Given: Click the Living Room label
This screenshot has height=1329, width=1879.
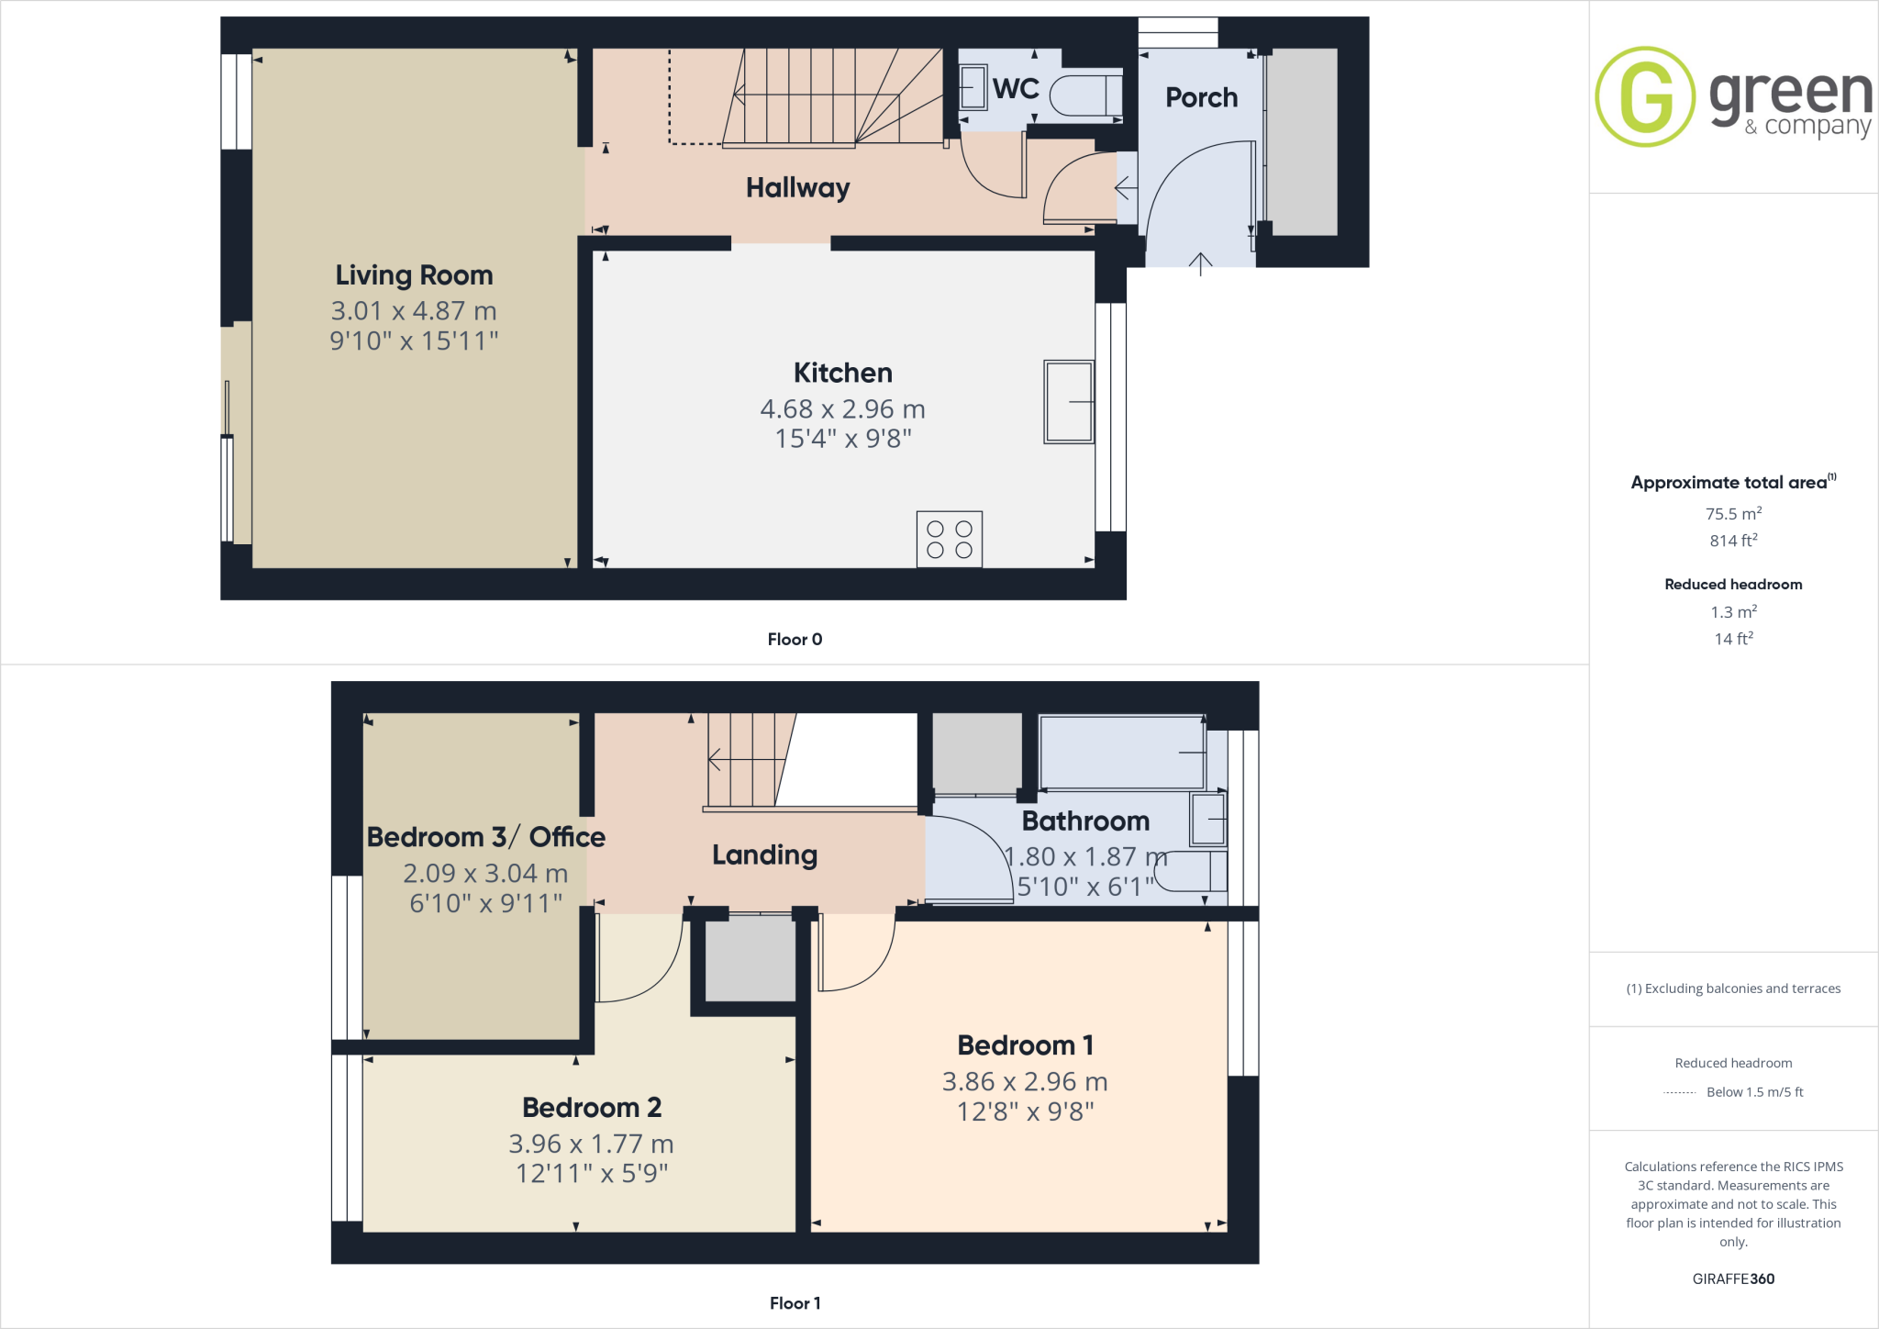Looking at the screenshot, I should point(414,275).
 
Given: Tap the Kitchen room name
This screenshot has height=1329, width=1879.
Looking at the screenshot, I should point(842,373).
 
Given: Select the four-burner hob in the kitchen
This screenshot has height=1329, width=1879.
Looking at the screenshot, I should point(949,539).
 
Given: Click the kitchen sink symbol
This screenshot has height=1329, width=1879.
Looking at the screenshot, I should point(1069,402).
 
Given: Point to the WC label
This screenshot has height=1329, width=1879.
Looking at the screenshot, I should point(1016,89).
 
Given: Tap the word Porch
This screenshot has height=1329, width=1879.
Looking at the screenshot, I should point(1201,97).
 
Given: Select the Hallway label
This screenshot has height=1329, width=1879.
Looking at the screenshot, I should point(797,188).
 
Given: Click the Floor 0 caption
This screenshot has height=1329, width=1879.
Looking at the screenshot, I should point(795,640).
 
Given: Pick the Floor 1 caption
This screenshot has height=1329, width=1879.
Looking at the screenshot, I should point(795,1303).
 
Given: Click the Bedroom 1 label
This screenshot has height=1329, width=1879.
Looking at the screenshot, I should point(1025,1045).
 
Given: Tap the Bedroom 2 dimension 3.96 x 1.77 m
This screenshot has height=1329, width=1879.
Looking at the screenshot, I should point(591,1144).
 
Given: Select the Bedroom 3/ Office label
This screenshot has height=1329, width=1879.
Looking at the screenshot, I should point(485,837).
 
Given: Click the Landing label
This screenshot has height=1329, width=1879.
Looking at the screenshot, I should point(764,855).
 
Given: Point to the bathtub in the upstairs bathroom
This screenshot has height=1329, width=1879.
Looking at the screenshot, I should point(1122,753).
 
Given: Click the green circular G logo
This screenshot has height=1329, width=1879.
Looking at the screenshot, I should point(1645,96).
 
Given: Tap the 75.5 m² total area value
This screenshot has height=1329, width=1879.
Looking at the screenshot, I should point(1733,514).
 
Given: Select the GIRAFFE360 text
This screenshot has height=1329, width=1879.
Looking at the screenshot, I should point(1733,1279).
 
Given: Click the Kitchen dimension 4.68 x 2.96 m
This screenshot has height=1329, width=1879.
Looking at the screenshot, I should point(842,409).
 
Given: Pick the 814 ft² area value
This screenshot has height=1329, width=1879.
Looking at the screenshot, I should point(1733,541).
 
